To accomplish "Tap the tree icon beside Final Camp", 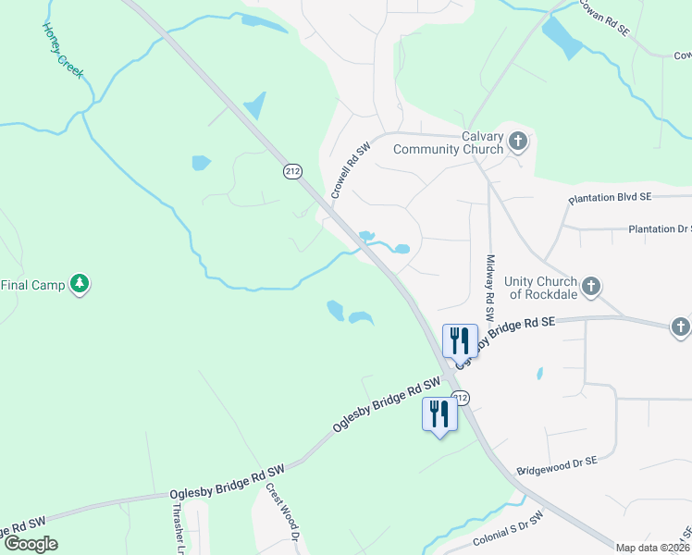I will pos(80,284).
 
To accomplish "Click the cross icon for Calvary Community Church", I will pos(518,142).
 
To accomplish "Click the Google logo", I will pos(31,544).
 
